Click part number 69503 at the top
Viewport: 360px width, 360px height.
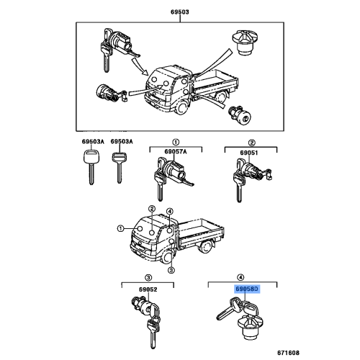(180, 12)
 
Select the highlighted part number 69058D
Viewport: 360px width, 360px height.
(247, 289)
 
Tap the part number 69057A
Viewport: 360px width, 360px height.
(176, 151)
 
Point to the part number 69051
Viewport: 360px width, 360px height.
(249, 153)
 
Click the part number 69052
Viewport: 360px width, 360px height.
(148, 289)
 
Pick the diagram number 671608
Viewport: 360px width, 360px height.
(289, 353)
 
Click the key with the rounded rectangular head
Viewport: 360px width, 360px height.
(91, 167)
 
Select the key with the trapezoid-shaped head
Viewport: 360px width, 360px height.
(120, 168)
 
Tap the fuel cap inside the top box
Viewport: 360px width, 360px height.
(246, 42)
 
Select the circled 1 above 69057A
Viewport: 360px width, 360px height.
(176, 142)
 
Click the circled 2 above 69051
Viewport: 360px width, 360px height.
(251, 143)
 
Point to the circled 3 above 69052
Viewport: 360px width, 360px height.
(148, 278)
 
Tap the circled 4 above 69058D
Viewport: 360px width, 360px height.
(240, 278)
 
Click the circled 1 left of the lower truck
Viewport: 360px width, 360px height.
(120, 228)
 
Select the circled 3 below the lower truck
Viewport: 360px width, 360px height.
(171, 270)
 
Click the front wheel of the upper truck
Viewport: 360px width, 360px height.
(181, 108)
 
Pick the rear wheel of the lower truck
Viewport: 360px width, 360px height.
(205, 247)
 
